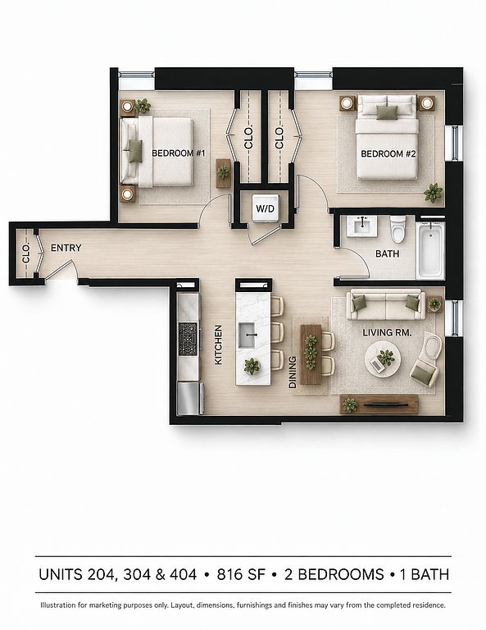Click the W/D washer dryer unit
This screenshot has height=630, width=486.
[266, 208]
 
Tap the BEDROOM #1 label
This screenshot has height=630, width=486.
[179, 153]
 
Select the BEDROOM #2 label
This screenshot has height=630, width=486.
[388, 153]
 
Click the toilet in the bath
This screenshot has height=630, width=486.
[398, 229]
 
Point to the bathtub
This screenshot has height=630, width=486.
[430, 250]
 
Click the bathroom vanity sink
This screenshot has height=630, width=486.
[362, 226]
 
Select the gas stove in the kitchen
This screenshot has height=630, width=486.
[188, 339]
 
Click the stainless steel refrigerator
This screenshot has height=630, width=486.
[190, 398]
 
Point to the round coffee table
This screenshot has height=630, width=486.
[383, 358]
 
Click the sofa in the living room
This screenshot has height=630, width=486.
[386, 304]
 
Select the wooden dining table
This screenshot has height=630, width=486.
[311, 354]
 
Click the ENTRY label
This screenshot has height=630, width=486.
[66, 248]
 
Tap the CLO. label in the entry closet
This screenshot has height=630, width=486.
[26, 253]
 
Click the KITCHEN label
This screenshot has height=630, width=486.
[218, 345]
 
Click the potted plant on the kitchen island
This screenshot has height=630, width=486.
[252, 366]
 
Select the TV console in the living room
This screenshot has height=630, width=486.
[379, 404]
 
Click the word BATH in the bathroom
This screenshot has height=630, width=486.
[388, 254]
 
